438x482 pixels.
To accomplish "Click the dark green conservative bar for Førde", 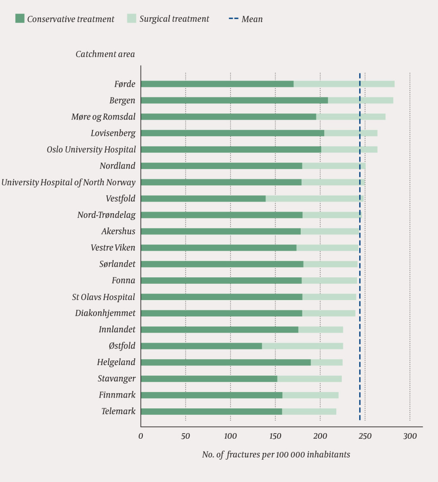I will coord(217,84).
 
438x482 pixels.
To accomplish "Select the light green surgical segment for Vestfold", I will coord(314,199).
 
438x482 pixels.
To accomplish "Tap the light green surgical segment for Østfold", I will coord(302,346).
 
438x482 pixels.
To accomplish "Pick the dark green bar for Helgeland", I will coord(225,362).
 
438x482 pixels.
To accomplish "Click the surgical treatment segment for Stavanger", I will coord(309,379).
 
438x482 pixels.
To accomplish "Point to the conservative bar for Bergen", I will coord(234,101).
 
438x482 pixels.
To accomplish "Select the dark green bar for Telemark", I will coord(211,411).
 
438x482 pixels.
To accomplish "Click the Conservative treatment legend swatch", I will coord(20,18).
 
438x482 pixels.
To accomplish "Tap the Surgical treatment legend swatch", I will coord(132,18).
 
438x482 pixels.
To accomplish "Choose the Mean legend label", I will coord(252,19).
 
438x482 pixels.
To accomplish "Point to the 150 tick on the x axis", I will coord(275,436).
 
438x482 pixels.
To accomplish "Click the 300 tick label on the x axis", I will coord(410,436).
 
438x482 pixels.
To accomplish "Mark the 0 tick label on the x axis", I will coord(141,436).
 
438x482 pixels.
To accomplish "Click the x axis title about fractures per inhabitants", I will coord(276,455).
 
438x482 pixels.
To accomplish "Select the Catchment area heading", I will coord(105,54).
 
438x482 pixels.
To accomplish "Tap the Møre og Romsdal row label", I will coord(103,117).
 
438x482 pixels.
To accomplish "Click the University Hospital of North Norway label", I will coord(68,182).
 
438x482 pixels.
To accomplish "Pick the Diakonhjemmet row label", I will coord(105,313).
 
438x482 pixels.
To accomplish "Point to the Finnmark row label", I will coord(117,395).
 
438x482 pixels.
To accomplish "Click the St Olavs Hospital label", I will coord(104,297).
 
